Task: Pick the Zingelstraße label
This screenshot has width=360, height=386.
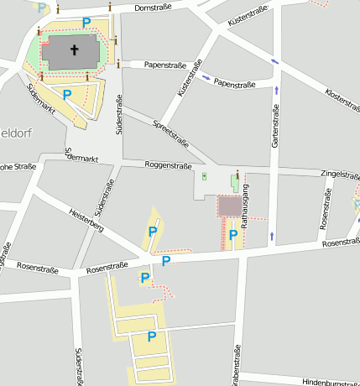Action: (340, 175)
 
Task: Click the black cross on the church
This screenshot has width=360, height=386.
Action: (73, 50)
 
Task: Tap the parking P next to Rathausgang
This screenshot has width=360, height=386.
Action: (232, 235)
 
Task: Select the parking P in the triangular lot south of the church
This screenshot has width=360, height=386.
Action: (66, 95)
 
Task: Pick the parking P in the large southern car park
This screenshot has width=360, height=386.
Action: (152, 336)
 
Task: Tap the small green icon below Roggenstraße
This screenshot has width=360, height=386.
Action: (205, 176)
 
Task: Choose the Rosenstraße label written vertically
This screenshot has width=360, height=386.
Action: (325, 211)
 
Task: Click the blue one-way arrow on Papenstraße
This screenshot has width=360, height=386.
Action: (206, 78)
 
